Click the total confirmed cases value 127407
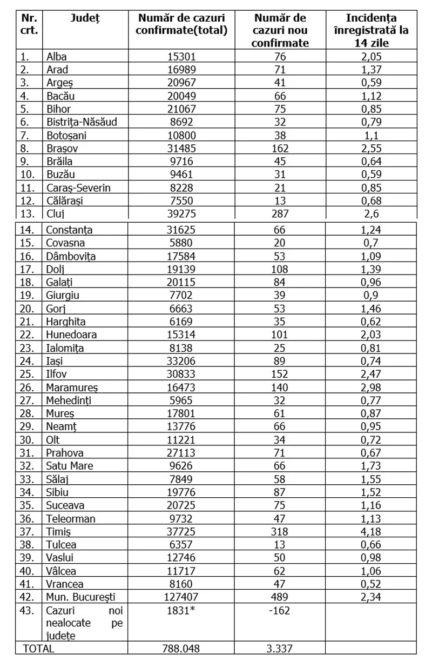[x=181, y=597]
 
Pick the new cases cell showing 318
[x=280, y=532]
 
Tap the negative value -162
[x=280, y=610]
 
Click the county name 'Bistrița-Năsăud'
[x=82, y=122]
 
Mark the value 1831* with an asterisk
[x=181, y=610]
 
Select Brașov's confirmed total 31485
[x=181, y=148]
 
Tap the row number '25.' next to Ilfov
[x=27, y=374]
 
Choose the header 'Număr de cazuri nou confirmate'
[x=280, y=30]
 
